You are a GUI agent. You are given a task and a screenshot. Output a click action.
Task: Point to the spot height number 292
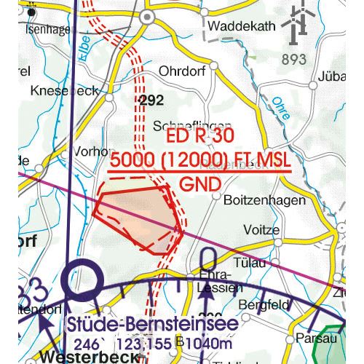(151, 102)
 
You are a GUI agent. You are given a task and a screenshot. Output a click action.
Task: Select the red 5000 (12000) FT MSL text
(198, 160)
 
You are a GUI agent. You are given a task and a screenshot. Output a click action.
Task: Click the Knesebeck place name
(64, 92)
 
